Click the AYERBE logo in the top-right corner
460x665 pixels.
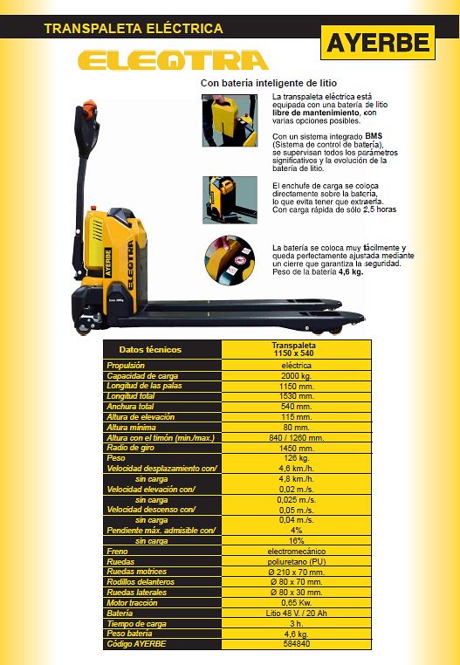click(378, 43)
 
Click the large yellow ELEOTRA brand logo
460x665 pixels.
click(173, 60)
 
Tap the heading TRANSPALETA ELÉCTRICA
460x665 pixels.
click(134, 29)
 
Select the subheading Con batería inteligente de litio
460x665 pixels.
click(269, 83)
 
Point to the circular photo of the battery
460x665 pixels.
click(230, 260)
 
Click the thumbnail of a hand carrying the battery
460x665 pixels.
click(230, 120)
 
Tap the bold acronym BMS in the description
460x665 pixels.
click(374, 136)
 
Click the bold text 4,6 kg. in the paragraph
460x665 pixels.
click(351, 272)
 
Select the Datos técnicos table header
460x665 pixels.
click(150, 350)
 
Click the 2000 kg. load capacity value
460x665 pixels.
click(297, 376)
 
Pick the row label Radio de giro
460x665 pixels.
click(131, 448)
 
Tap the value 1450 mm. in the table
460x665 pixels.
click(297, 449)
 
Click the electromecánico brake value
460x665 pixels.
click(297, 552)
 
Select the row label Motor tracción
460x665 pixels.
click(132, 603)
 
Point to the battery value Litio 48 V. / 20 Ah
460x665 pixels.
click(297, 614)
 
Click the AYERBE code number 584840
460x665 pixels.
click(297, 644)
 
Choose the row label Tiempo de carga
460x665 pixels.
click(137, 623)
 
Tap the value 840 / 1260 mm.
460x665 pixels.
click(297, 438)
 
